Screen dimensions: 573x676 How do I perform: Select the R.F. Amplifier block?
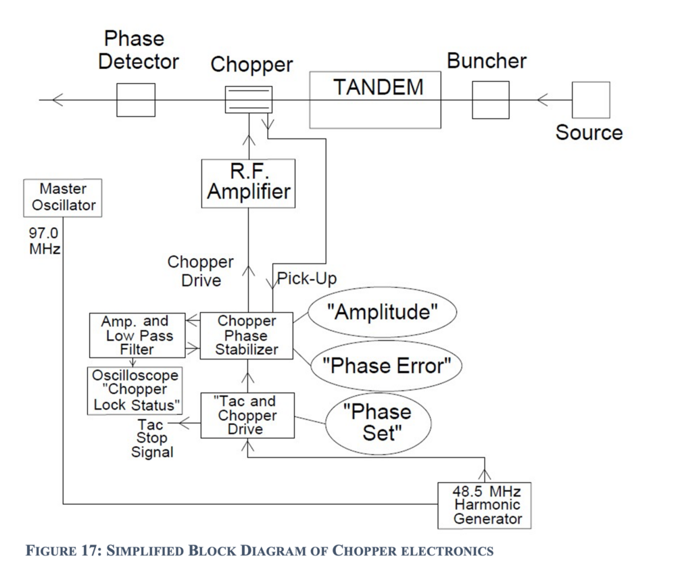click(248, 181)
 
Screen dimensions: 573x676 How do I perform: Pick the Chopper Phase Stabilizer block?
click(246, 336)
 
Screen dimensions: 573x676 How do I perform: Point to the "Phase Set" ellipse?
click(379, 422)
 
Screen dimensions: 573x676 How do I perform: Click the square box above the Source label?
click(591, 100)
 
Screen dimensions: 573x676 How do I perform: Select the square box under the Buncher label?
click(490, 100)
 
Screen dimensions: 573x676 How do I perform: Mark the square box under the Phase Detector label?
click(135, 100)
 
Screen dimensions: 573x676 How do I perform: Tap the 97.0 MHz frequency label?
click(43, 240)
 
